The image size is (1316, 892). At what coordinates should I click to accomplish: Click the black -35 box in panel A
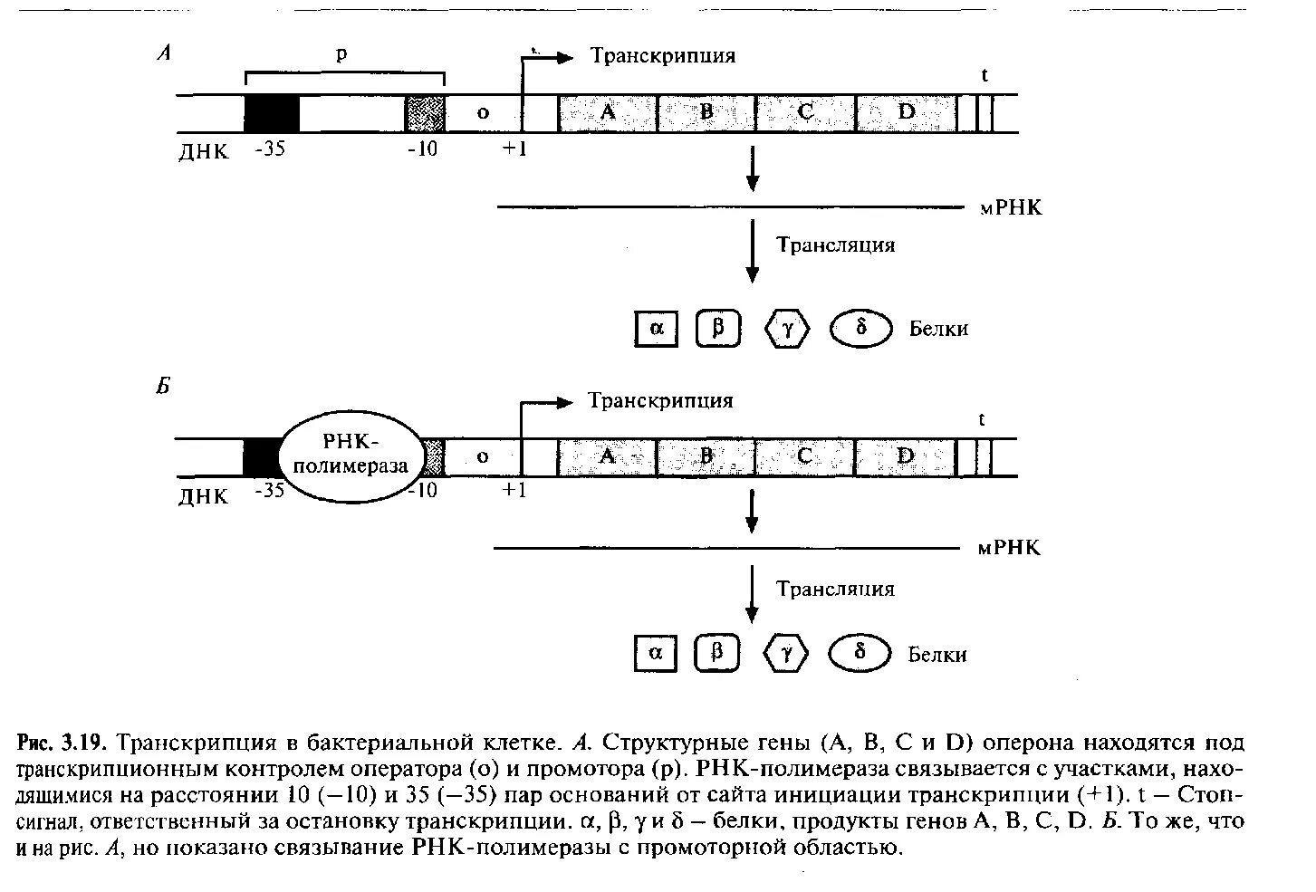pos(272,113)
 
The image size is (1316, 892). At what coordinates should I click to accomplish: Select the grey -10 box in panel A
pos(424,113)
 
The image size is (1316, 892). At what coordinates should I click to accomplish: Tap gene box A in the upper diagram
pos(608,113)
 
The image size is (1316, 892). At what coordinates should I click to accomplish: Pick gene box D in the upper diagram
pos(906,113)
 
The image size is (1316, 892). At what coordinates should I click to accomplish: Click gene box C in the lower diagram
pos(804,456)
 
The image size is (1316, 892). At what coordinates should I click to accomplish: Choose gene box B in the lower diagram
pos(706,456)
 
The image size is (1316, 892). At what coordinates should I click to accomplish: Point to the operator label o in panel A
pos(483,113)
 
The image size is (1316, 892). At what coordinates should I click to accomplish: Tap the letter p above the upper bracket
pos(341,53)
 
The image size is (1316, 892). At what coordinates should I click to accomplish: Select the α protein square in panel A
pos(657,329)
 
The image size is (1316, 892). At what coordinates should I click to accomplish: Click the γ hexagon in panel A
pos(787,330)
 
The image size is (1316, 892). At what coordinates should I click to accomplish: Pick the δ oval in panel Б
pos(861,654)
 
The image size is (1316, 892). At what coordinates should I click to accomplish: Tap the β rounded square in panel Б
pos(717,654)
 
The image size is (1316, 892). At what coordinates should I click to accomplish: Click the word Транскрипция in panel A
pos(663,56)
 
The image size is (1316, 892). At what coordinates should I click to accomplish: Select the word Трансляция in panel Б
pos(835,590)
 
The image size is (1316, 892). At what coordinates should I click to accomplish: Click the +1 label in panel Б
pos(514,491)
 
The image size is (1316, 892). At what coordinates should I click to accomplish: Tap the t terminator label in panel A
pos(985,76)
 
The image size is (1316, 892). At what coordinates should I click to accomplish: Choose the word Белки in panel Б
pos(937,654)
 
